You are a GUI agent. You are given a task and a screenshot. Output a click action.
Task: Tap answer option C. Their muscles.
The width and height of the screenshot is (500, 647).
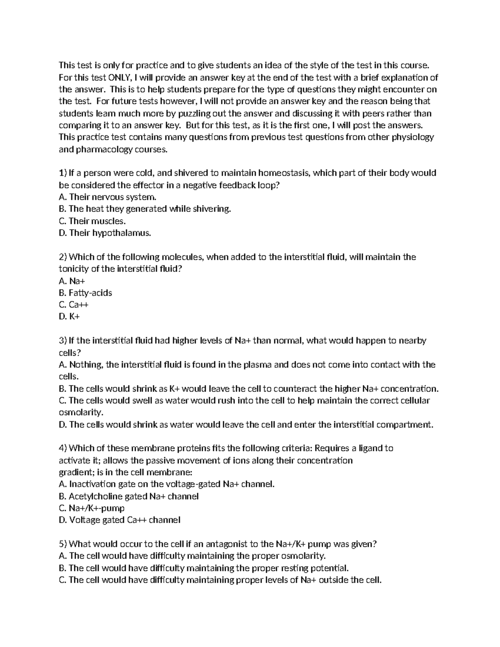click(x=92, y=221)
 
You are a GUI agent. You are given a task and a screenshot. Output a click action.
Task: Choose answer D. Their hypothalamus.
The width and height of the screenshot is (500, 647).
click(x=105, y=233)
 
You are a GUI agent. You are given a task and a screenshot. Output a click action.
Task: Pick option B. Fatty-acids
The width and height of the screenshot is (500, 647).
click(x=85, y=293)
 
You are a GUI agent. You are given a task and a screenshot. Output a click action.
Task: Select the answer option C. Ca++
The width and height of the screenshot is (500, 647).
click(x=74, y=305)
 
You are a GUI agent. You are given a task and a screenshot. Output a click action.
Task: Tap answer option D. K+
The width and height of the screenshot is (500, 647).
click(x=69, y=317)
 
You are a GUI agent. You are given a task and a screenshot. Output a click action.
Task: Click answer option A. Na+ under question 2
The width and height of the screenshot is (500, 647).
click(x=72, y=281)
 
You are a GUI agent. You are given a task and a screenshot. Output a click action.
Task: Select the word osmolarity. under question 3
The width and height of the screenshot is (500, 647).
click(x=81, y=412)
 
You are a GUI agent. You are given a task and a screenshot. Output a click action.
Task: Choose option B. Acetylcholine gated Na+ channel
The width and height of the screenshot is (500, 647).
click(x=129, y=496)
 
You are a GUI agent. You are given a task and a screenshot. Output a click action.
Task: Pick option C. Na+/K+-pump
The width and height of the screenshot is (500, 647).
click(x=92, y=508)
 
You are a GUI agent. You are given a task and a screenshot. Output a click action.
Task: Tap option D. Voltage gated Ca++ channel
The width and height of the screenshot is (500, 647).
click(x=120, y=520)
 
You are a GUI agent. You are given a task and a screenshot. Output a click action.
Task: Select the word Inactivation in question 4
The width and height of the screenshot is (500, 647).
click(x=92, y=484)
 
